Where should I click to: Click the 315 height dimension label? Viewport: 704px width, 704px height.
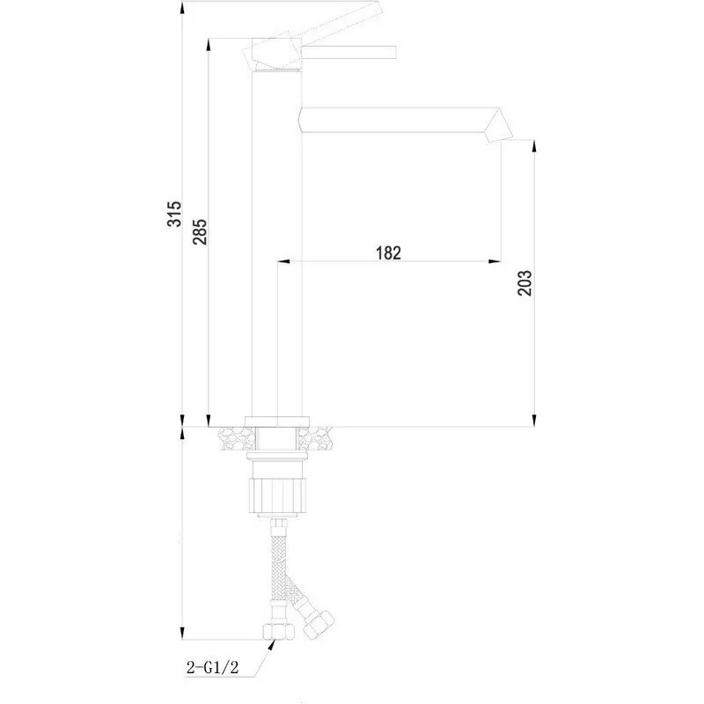[x=174, y=214]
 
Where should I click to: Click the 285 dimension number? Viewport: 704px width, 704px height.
[x=200, y=231]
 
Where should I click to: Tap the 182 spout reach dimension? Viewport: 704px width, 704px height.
[x=388, y=253]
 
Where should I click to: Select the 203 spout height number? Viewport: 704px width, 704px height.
[x=524, y=282]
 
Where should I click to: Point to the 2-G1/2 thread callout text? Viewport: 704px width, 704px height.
[x=212, y=668]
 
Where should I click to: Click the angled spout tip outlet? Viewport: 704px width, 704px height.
[x=497, y=126]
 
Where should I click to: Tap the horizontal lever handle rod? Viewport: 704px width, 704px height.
[x=349, y=52]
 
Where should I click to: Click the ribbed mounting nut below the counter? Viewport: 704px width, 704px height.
[x=277, y=495]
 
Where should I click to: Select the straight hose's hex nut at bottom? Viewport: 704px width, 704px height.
[x=279, y=631]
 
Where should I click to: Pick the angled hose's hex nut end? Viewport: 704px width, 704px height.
[x=319, y=625]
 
